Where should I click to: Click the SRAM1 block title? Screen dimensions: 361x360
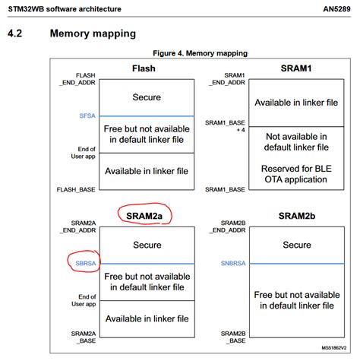[291, 68]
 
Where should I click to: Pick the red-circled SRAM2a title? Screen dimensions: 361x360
[144, 216]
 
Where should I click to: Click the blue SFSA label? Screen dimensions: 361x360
[87, 116]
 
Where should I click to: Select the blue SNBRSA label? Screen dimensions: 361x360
[232, 263]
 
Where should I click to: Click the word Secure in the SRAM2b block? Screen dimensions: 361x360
[297, 245]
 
